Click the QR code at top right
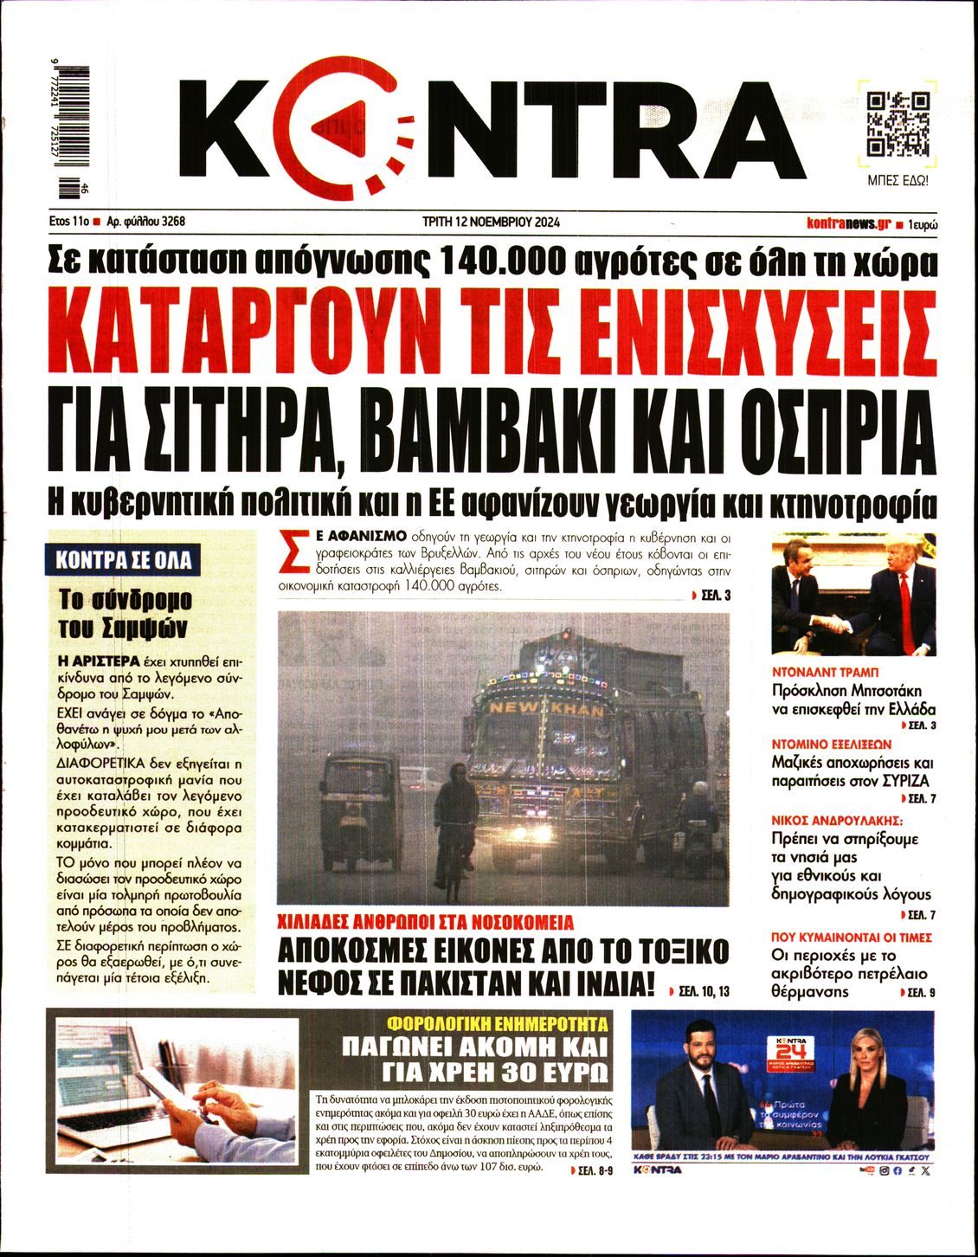coord(898,122)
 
